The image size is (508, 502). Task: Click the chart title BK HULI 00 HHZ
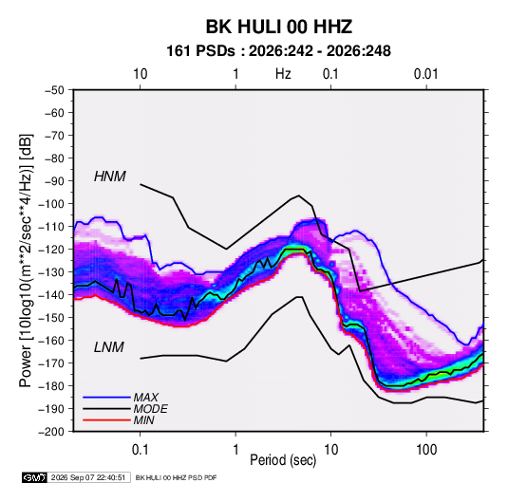coord(279,27)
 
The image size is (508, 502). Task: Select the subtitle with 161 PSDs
coord(278,51)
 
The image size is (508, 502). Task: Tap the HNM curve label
coord(110,177)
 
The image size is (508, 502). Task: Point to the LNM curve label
coord(109,347)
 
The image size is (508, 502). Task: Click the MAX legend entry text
coord(146,398)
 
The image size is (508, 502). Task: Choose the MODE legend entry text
coord(151,409)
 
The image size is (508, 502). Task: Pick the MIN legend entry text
coord(143,420)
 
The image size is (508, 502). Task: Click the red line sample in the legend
coord(106,420)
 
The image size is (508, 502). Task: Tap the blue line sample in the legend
coord(106,398)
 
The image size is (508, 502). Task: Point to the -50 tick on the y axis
coord(54,90)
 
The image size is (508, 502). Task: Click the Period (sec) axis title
coord(283,460)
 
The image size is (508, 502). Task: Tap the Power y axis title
coord(26,261)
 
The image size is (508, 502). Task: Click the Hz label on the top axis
coord(283,74)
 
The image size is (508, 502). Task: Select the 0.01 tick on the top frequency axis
coord(425,74)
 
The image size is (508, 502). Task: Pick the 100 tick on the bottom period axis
coord(426,449)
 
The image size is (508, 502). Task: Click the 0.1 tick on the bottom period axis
coord(140,449)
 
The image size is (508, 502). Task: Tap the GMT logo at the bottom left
coord(34,477)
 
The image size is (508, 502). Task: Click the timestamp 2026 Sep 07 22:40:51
coord(88,477)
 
